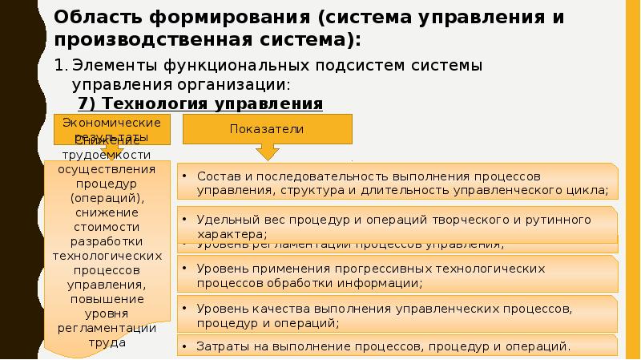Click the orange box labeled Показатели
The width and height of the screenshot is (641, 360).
point(268,129)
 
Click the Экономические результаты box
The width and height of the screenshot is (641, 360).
point(112,127)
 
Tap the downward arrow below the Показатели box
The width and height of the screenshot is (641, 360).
point(268,152)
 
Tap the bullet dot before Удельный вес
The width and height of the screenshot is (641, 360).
point(184,219)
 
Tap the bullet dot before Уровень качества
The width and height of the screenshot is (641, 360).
point(184,308)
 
